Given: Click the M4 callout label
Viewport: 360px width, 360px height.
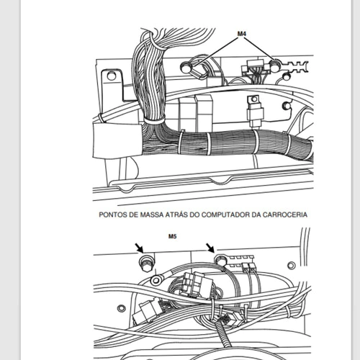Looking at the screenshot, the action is click(x=242, y=34).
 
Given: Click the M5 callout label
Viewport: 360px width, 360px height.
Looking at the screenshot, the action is click(x=172, y=236).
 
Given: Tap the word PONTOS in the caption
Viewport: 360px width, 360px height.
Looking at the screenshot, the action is click(x=113, y=215).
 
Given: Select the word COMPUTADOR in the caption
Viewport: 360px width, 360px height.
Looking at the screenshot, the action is click(x=225, y=215).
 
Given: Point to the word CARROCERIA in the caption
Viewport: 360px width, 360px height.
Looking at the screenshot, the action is click(x=285, y=215).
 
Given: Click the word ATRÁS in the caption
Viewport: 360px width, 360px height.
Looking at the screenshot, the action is click(x=176, y=215).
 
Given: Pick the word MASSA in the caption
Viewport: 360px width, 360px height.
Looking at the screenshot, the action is click(x=151, y=215).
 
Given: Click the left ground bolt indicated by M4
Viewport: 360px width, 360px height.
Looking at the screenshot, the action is click(x=186, y=68).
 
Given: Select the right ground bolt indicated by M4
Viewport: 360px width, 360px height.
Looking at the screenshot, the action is click(x=274, y=65).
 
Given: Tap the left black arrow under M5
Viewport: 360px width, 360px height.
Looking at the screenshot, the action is click(x=139, y=248).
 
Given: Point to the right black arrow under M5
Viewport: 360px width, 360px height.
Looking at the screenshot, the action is click(x=210, y=248).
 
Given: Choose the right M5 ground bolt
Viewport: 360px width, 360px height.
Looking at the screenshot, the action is click(x=220, y=260).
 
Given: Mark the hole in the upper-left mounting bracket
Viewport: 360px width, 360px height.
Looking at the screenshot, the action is click(x=111, y=76).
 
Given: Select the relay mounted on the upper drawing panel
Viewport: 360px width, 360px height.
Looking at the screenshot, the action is click(x=255, y=111).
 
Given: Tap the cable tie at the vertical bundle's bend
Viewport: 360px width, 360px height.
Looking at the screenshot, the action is click(x=154, y=120).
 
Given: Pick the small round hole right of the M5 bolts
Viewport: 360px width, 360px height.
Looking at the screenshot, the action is click(x=292, y=265).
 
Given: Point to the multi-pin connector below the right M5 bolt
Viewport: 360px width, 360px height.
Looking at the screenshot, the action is click(x=195, y=286).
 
